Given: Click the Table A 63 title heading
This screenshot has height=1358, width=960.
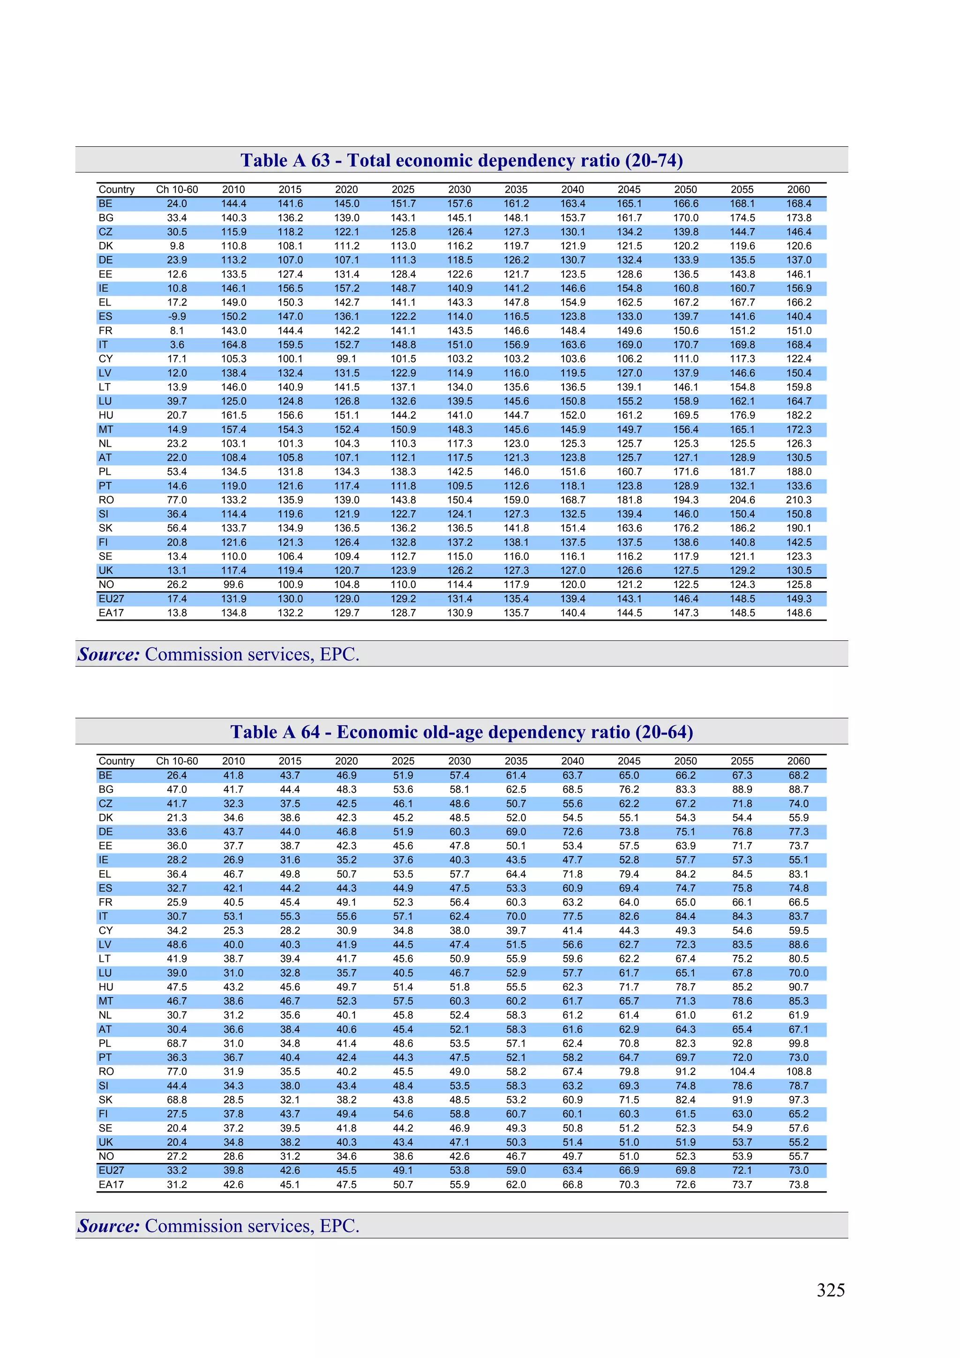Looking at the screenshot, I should [461, 160].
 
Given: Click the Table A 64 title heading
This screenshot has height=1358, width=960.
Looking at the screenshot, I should [461, 732].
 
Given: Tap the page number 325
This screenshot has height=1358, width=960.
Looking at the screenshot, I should [831, 1290].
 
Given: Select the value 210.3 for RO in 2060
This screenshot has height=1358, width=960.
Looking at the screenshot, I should [799, 500].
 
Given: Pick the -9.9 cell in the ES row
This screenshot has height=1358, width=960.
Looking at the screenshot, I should [177, 316].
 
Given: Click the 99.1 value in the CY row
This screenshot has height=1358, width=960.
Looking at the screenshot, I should [346, 359].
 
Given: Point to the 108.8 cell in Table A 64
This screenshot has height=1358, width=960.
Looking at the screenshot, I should [799, 1072].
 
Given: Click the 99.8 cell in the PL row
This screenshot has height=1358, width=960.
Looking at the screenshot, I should [799, 1043].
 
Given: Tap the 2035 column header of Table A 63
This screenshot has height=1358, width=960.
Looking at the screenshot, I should [516, 189].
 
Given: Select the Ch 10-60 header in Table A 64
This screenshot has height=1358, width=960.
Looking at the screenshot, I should [177, 761].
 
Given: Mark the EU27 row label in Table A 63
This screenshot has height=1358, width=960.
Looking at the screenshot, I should [111, 599].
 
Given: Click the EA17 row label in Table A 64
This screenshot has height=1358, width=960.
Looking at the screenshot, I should [111, 1185].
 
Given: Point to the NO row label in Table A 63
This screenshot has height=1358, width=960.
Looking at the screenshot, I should [106, 585].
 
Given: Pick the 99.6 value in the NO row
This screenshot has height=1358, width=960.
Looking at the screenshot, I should [233, 585].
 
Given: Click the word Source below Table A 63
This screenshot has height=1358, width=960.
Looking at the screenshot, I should [109, 654].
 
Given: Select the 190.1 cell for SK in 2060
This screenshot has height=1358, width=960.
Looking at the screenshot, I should [799, 528].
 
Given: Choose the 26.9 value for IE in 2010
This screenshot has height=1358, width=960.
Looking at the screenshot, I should [233, 860].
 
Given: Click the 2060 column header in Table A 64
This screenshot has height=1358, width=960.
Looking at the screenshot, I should [799, 761].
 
